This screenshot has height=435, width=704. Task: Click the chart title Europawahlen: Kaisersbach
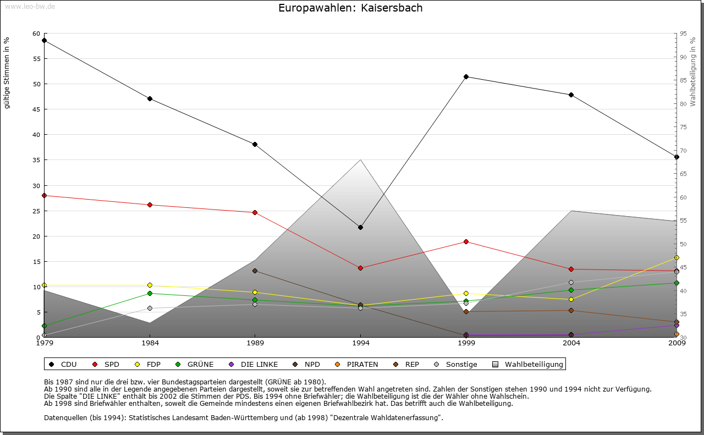[350, 8]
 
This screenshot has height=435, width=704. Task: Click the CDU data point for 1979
[44, 40]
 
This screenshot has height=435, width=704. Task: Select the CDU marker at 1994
[360, 227]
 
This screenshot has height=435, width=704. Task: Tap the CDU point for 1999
[466, 76]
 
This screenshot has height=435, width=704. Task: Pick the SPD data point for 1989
[255, 212]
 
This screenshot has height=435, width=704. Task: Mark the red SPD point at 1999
[466, 241]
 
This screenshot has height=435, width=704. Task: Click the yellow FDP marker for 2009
[676, 257]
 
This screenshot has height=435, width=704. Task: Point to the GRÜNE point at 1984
[150, 293]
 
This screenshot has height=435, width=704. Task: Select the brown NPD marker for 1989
[255, 271]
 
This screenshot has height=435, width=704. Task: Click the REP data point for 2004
[571, 310]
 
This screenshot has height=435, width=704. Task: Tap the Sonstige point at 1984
[150, 308]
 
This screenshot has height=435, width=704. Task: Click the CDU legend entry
[63, 364]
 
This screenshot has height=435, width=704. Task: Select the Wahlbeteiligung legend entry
[529, 364]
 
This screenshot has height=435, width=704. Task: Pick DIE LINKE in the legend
[254, 364]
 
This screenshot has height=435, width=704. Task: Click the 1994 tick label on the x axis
[360, 344]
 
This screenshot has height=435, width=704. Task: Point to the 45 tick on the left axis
[36, 109]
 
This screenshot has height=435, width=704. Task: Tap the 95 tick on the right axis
[683, 34]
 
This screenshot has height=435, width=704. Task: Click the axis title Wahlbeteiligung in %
[693, 71]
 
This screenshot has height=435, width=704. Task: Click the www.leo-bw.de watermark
[30, 6]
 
